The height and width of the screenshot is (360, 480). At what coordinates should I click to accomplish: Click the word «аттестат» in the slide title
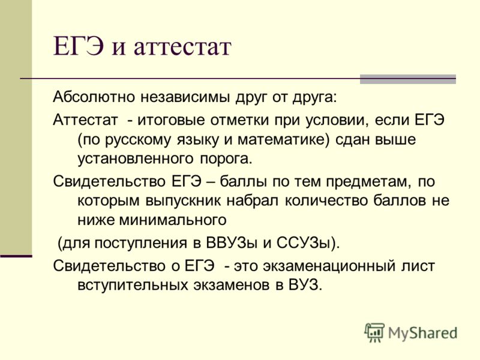182,47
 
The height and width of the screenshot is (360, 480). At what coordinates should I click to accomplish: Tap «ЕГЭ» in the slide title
79,46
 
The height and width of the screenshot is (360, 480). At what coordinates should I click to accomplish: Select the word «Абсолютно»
94,97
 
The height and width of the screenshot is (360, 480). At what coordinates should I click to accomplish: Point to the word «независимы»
185,97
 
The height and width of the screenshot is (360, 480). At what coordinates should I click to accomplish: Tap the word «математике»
281,140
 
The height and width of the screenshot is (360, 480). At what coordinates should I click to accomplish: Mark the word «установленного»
136,159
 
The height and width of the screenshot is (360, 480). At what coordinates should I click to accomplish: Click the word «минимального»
172,220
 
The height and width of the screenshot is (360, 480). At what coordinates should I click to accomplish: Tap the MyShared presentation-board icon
374,332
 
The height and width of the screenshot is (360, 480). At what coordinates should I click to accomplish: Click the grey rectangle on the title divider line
408,79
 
